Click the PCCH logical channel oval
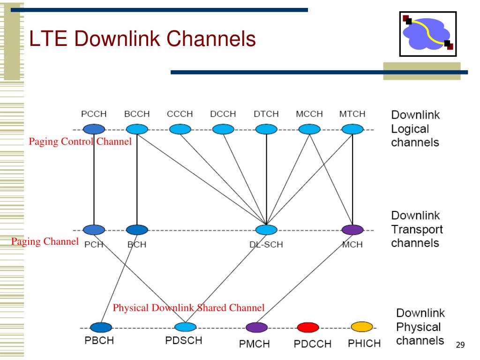pyautogui.click(x=94, y=129)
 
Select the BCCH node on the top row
pyautogui.click(x=137, y=129)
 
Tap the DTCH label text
pyautogui.click(x=266, y=114)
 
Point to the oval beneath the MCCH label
pyautogui.click(x=309, y=129)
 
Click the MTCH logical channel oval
pyautogui.click(x=352, y=129)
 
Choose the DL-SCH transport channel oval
pyautogui.click(x=266, y=230)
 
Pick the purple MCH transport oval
pyautogui.click(x=352, y=230)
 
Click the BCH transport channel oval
pyautogui.click(x=137, y=230)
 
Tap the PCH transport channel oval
pyautogui.click(x=94, y=230)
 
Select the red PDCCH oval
pyautogui.click(x=308, y=327)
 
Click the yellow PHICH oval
pyautogui.click(x=362, y=327)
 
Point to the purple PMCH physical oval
pyautogui.click(x=257, y=327)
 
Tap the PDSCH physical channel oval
pyautogui.click(x=186, y=327)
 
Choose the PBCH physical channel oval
pyautogui.click(x=101, y=327)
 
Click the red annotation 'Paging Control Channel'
pyautogui.click(x=80, y=142)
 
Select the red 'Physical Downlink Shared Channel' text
pyautogui.click(x=188, y=307)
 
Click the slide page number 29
pyautogui.click(x=460, y=345)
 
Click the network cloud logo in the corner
pyautogui.click(x=428, y=34)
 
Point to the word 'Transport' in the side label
pyautogui.click(x=417, y=229)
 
